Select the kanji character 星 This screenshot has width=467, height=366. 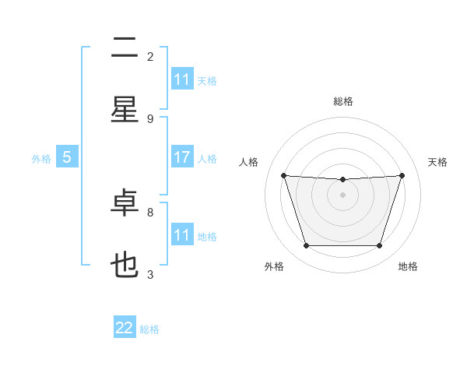pyautogui.click(x=125, y=109)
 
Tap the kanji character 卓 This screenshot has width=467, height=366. pyautogui.click(x=125, y=203)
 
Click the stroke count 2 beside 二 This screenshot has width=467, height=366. pyautogui.click(x=150, y=56)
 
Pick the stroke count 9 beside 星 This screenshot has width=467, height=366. pyautogui.click(x=150, y=118)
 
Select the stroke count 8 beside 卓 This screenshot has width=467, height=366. pyautogui.click(x=150, y=212)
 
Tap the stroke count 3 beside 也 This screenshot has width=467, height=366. pyautogui.click(x=150, y=274)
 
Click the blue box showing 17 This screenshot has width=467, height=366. pyautogui.click(x=182, y=157)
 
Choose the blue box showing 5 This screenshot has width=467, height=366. pyautogui.click(x=67, y=157)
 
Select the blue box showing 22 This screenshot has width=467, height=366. pyautogui.click(x=125, y=328)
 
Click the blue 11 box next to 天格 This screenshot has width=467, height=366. pyautogui.click(x=182, y=79)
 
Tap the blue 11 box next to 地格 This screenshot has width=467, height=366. pyautogui.click(x=182, y=235)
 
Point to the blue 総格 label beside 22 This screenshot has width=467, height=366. pyautogui.click(x=149, y=329)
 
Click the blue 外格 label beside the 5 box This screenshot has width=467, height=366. pyautogui.click(x=41, y=159)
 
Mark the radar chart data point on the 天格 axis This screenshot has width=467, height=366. pyautogui.click(x=402, y=175)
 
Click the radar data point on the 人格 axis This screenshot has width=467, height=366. pyautogui.click(x=283, y=175)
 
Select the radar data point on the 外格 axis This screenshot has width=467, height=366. pyautogui.click(x=306, y=246)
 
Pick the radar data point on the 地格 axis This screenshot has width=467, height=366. pyautogui.click(x=379, y=246)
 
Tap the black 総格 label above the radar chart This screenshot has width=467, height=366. pyautogui.click(x=342, y=101)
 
